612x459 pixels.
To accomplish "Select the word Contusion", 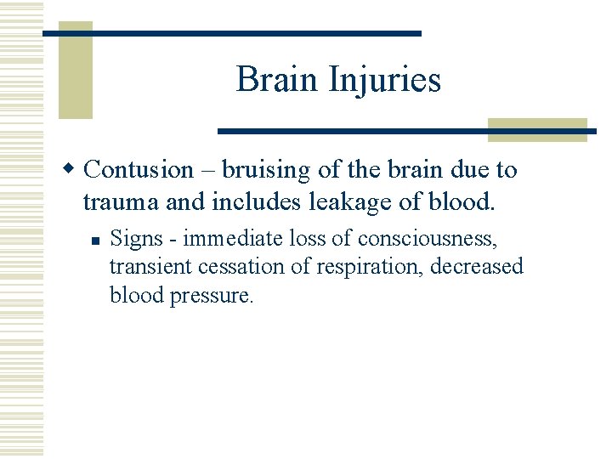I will (x=139, y=170).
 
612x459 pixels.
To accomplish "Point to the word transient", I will (x=150, y=267).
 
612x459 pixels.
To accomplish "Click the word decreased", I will (x=477, y=267).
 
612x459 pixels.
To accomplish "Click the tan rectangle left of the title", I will (x=75, y=70).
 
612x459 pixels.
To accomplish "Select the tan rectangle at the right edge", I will (x=537, y=129).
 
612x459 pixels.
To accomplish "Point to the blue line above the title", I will (x=232, y=33).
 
